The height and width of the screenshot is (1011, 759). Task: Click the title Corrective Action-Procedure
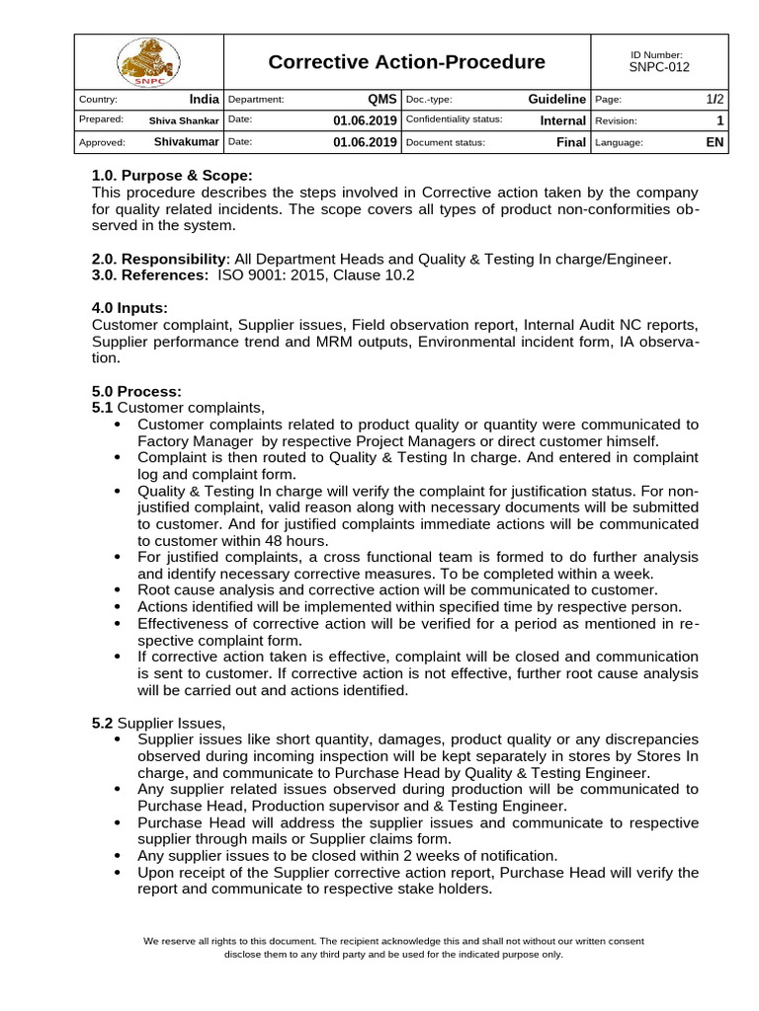click(406, 62)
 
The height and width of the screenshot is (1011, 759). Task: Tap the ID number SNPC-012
click(658, 68)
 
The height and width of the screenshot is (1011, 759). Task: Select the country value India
click(204, 100)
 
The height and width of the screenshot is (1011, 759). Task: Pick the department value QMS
click(381, 100)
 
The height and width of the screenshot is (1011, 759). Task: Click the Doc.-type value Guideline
click(557, 100)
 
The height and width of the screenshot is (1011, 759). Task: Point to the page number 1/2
click(716, 100)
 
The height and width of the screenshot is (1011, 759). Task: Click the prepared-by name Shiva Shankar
click(184, 120)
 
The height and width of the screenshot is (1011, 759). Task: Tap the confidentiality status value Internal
click(562, 120)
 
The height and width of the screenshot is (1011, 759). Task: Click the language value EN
click(716, 142)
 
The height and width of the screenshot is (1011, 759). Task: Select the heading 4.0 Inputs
click(129, 308)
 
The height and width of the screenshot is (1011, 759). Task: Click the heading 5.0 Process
click(136, 391)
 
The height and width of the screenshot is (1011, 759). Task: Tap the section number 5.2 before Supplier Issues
click(103, 723)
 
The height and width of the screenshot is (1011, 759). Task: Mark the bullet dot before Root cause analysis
click(119, 589)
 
